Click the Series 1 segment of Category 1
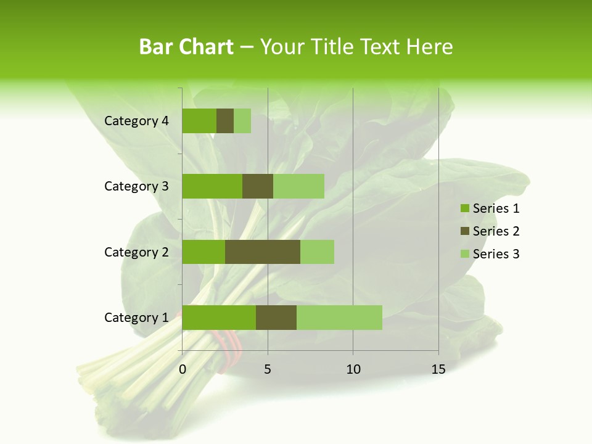tap(219, 318)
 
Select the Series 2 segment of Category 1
tap(276, 318)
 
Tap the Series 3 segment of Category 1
tap(339, 318)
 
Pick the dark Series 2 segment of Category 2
tap(263, 252)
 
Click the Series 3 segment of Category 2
tap(317, 252)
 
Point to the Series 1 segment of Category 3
tap(212, 186)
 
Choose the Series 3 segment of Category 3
tap(298, 186)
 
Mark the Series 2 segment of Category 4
tap(225, 121)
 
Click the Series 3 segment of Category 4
tap(242, 121)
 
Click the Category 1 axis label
tap(136, 318)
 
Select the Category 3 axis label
tap(136, 186)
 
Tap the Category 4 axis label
tap(136, 121)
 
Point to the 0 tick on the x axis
tap(183, 369)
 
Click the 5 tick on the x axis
tap(268, 369)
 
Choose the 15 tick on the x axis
tap(438, 369)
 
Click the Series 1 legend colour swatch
tap(464, 208)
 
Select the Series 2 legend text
tap(496, 231)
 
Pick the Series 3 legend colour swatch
tap(464, 254)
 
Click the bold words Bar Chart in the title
tap(186, 47)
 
